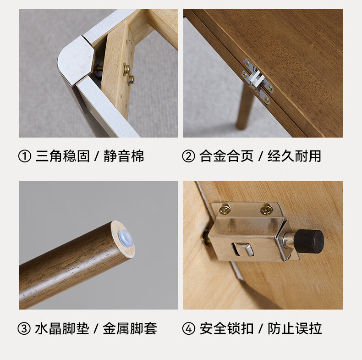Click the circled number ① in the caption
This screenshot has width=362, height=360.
click(x=24, y=156)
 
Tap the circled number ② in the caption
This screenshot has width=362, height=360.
click(x=188, y=156)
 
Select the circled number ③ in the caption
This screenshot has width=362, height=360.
click(x=24, y=328)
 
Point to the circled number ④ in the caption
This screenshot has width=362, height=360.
click(x=189, y=328)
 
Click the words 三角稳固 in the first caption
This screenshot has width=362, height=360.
click(x=63, y=156)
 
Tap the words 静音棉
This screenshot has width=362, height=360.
click(x=124, y=156)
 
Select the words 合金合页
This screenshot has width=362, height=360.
click(x=226, y=156)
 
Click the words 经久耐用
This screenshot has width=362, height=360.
click(x=294, y=156)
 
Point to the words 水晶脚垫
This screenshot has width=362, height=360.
click(x=62, y=328)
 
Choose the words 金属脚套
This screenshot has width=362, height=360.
click(x=130, y=328)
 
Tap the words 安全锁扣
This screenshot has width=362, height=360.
click(x=226, y=328)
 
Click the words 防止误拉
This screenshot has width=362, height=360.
click(x=295, y=328)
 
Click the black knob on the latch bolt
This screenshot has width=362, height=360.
click(x=309, y=241)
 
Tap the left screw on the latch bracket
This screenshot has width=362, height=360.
click(x=224, y=209)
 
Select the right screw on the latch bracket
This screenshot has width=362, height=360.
click(x=266, y=210)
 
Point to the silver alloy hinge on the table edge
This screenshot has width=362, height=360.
click(x=258, y=81)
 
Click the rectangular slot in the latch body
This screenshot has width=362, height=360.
click(x=243, y=249)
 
